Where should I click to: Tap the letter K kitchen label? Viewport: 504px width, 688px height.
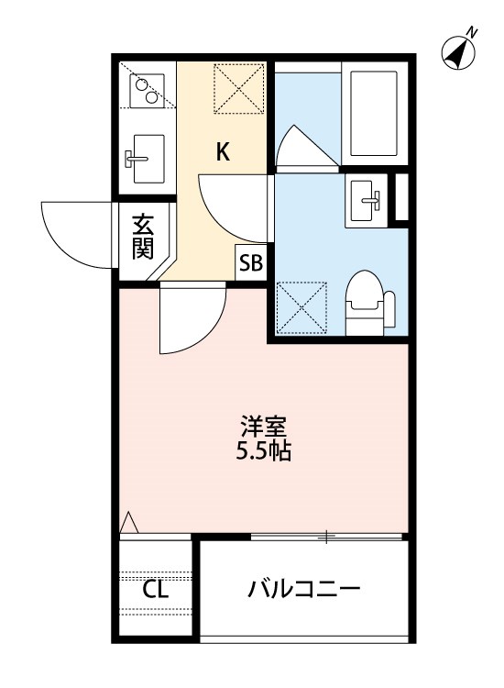pos(223,152)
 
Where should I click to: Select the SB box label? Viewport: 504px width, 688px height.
pos(250,264)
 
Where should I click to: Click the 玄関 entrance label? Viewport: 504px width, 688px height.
pos(141,236)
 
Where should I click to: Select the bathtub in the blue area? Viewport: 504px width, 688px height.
pos(376,111)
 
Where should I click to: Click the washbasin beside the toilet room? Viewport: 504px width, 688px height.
pos(367,198)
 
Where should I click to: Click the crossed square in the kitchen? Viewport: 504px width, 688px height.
pos(237,89)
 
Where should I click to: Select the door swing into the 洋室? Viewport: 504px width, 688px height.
pos(189,321)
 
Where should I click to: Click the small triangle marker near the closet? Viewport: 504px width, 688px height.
pos(129,522)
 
